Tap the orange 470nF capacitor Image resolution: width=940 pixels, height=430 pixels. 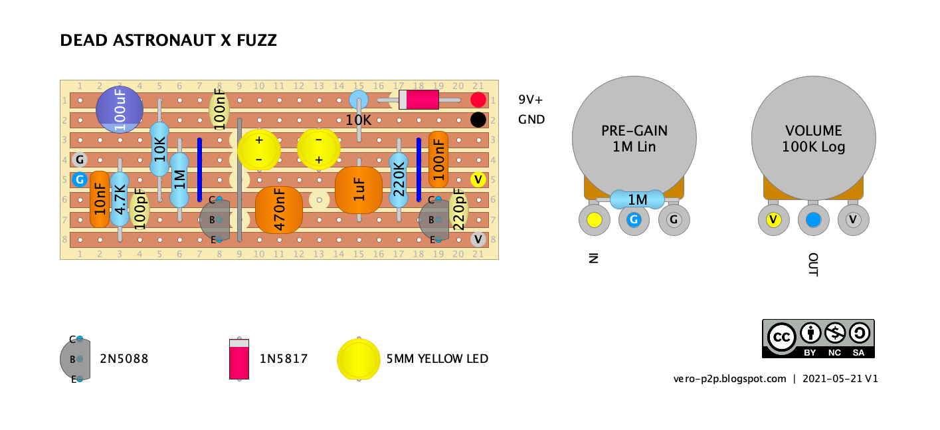pyautogui.click(x=279, y=209)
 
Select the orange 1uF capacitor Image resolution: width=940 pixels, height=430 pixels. pyautogui.click(x=359, y=189)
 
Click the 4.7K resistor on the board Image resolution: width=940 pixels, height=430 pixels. pyautogui.click(x=120, y=198)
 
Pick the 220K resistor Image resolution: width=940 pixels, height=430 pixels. pyautogui.click(x=399, y=179)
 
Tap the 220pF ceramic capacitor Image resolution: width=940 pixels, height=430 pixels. pyautogui.click(x=458, y=209)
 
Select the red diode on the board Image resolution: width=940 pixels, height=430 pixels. pyautogui.click(x=419, y=100)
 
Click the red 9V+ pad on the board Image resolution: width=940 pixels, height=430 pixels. pyautogui.click(x=478, y=100)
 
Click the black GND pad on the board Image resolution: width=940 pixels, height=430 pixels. pyautogui.click(x=478, y=120)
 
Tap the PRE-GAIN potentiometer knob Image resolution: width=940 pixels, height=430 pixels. pyautogui.click(x=634, y=138)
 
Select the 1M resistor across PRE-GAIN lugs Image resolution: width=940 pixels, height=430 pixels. pyautogui.click(x=637, y=199)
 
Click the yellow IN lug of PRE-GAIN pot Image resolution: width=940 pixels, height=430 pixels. pyautogui.click(x=594, y=220)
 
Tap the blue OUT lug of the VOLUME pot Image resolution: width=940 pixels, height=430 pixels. pyautogui.click(x=813, y=220)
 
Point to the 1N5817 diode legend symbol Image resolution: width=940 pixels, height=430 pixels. pyautogui.click(x=239, y=359)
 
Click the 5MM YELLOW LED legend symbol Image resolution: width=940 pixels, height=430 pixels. pyautogui.click(x=358, y=359)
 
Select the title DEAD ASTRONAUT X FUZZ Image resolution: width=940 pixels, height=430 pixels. pyautogui.click(x=168, y=41)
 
